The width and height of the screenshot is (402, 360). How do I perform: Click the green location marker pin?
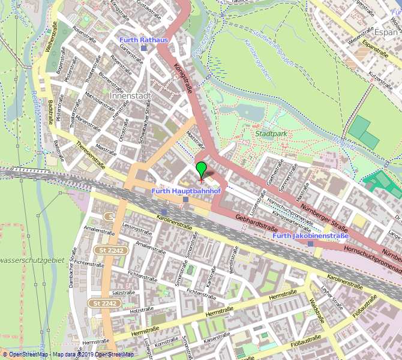(x=202, y=169)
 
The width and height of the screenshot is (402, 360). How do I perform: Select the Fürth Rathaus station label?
(x=144, y=40)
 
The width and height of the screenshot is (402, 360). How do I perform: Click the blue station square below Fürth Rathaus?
(x=143, y=48)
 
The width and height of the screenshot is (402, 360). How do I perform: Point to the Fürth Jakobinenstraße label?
(x=310, y=236)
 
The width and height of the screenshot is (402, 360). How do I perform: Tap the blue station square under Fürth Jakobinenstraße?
(x=310, y=244)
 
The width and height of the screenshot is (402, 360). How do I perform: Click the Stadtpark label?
(x=271, y=134)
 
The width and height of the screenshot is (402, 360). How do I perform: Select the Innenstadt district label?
(x=130, y=95)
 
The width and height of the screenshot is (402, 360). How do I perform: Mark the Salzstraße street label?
(x=122, y=292)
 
